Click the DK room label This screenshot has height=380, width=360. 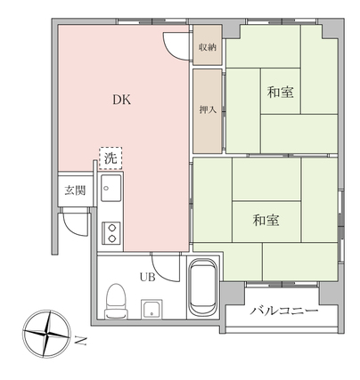pyautogui.click(x=122, y=100)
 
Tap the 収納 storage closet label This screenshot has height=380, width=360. pyautogui.click(x=208, y=47)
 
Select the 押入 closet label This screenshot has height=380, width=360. pyautogui.click(x=208, y=110)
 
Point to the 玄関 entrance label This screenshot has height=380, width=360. pyautogui.click(x=75, y=190)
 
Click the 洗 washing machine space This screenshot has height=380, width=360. pyautogui.click(x=110, y=158)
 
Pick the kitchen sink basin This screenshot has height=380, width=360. pyautogui.click(x=111, y=188)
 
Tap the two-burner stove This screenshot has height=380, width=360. pyautogui.click(x=111, y=233)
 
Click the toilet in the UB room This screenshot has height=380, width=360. pyautogui.click(x=116, y=301)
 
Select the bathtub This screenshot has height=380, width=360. pyautogui.click(x=203, y=287)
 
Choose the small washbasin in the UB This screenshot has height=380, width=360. pyautogui.click(x=151, y=309)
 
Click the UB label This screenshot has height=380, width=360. pyautogui.click(x=148, y=278)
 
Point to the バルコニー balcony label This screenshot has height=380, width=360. pyautogui.click(x=283, y=311)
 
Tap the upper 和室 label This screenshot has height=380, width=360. pyautogui.click(x=281, y=92)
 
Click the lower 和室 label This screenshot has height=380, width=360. pyautogui.click(x=266, y=220)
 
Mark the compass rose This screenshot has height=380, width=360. pyautogui.click(x=46, y=334)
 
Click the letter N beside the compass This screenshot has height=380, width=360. pyautogui.click(x=80, y=341)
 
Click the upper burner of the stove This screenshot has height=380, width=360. pyautogui.click(x=111, y=228)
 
